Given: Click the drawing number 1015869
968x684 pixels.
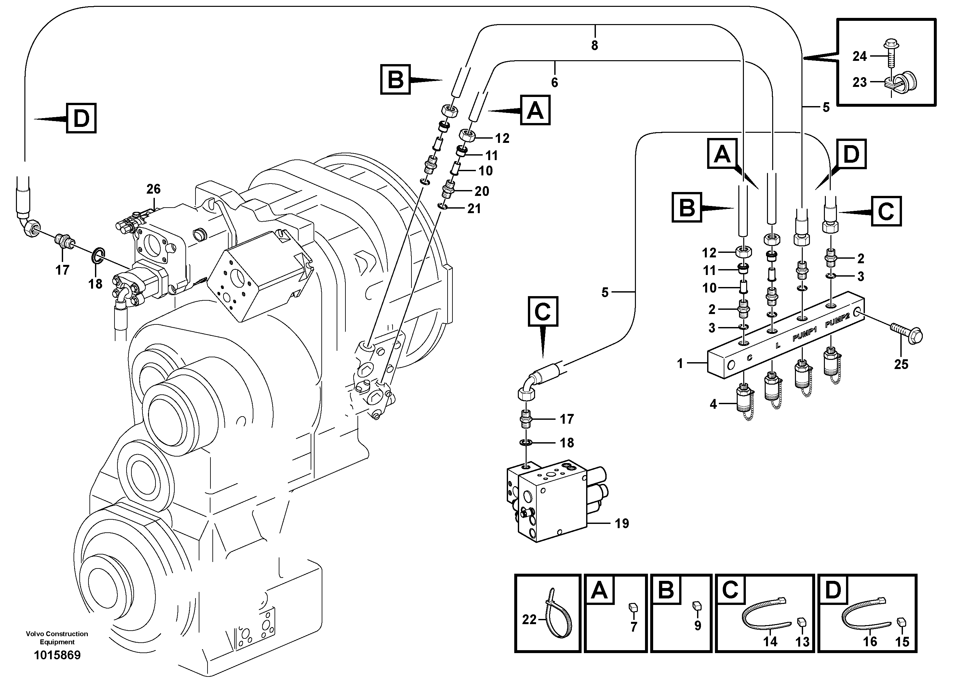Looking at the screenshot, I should click(x=57, y=655).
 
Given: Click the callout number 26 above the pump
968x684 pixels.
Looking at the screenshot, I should click(x=154, y=189).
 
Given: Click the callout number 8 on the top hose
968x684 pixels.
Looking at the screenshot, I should click(x=595, y=46).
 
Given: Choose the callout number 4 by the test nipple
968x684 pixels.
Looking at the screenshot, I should click(x=713, y=404).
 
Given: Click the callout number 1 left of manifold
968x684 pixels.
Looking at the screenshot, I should click(x=679, y=363).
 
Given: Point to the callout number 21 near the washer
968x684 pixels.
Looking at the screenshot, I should click(x=474, y=208).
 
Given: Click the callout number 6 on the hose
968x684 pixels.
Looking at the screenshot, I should click(x=554, y=82).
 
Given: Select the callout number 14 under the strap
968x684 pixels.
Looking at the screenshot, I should click(x=770, y=641).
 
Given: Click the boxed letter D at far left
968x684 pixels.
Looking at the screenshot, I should click(x=81, y=118).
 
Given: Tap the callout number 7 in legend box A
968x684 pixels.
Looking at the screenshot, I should click(x=634, y=627).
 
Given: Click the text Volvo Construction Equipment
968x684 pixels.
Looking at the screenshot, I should click(x=57, y=637).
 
